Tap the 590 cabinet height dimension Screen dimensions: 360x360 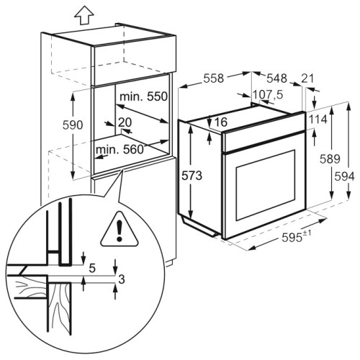[73, 125]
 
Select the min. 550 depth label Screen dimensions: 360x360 [143, 96]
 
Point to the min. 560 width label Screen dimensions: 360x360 [120, 150]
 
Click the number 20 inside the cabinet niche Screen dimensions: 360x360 [125, 122]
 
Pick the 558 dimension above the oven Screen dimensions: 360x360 [214, 78]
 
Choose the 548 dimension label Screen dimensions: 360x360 [277, 78]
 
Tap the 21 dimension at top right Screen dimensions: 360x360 [307, 78]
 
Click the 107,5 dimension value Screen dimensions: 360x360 [269, 94]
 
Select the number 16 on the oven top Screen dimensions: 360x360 [221, 122]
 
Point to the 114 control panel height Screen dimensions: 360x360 [318, 120]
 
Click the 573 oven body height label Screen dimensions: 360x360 [192, 176]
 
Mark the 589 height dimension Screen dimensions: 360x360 [330, 159]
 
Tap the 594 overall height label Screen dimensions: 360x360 [344, 176]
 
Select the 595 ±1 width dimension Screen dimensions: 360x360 [297, 237]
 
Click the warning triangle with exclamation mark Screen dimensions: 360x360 [120, 230]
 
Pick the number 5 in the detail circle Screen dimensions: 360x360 [92, 268]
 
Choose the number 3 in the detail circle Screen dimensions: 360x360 [122, 279]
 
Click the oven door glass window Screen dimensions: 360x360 [266, 185]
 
